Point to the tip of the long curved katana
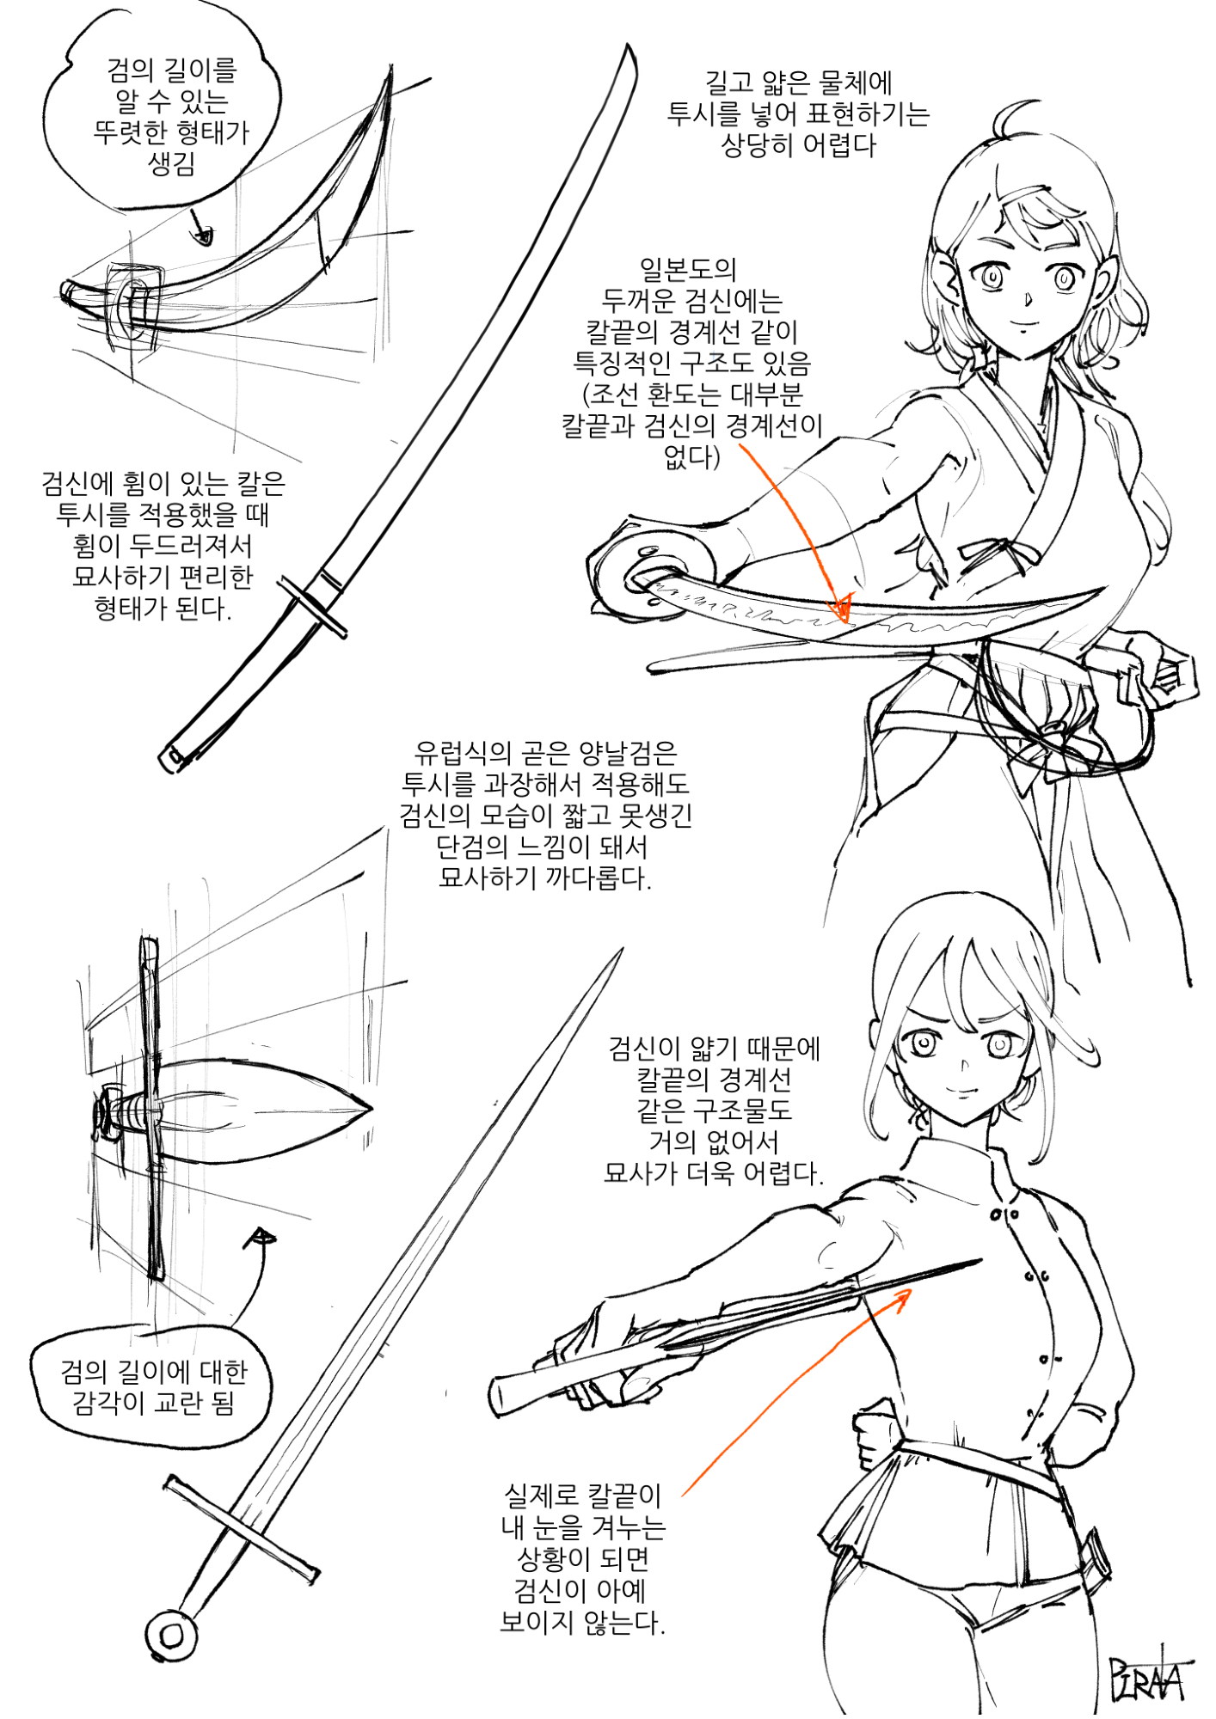pos(632,49)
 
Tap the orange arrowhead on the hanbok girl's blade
pos(842,608)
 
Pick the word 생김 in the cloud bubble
pos(171,163)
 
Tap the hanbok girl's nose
pos(1029,300)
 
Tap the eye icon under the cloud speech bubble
pos(203,234)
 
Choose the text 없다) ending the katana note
pos(691,456)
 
